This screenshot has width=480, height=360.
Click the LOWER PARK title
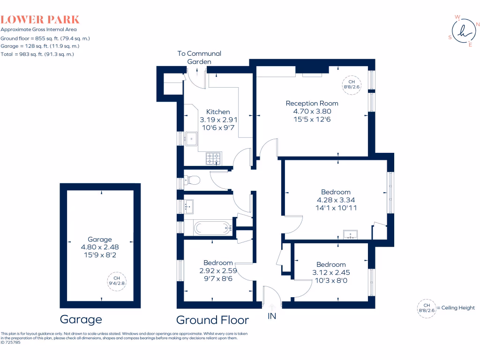[x=40, y=20]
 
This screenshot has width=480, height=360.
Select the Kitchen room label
[x=218, y=112]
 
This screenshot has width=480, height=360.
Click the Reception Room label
[x=312, y=103]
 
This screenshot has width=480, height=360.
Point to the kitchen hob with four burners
[x=213, y=159]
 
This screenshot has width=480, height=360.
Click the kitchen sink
[x=191, y=138]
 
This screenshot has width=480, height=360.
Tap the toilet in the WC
[x=192, y=179]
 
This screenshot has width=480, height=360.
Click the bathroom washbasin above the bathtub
[x=189, y=205]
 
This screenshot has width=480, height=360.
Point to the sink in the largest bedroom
[x=350, y=234]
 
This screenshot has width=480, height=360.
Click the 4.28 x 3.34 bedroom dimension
[x=336, y=200]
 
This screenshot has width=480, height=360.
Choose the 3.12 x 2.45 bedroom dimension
[x=331, y=272]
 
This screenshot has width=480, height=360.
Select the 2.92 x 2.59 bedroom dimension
[x=218, y=270]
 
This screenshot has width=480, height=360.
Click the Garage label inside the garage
[x=100, y=239]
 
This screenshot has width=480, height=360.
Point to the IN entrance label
[x=271, y=316]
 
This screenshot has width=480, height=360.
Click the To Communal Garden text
[x=199, y=58]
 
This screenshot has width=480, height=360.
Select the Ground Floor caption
[x=212, y=320]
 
